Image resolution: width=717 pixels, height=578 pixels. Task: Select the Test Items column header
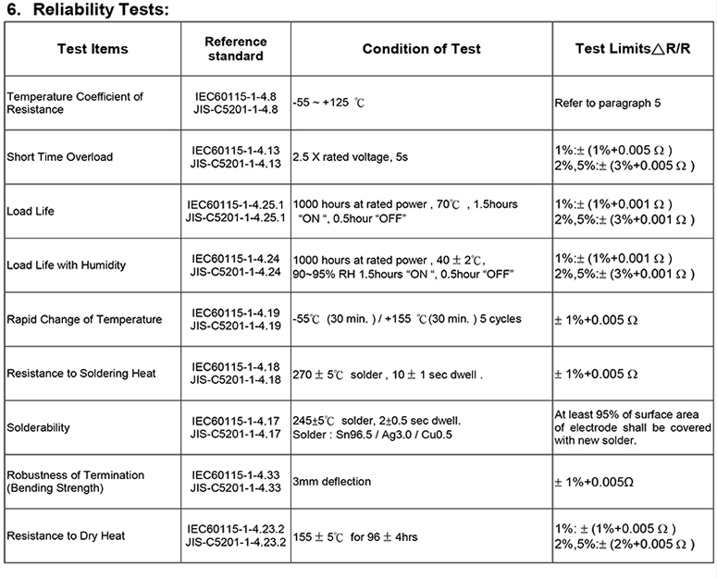pyautogui.click(x=93, y=49)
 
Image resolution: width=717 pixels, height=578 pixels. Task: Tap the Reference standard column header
pyautogui.click(x=235, y=49)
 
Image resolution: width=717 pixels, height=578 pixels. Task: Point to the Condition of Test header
pyautogui.click(x=421, y=49)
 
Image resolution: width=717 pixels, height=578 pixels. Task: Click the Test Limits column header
pyautogui.click(x=633, y=49)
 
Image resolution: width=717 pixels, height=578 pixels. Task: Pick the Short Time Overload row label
pyautogui.click(x=59, y=157)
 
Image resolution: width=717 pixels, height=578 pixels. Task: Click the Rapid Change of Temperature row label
pyautogui.click(x=84, y=320)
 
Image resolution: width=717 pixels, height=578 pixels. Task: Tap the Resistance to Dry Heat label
pyautogui.click(x=66, y=536)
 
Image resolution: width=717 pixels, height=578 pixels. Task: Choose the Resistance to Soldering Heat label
pyautogui.click(x=80, y=374)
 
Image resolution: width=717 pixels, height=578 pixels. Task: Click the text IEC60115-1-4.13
pyautogui.click(x=235, y=150)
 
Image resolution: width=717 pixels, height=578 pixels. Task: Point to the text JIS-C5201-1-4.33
pyautogui.click(x=235, y=488)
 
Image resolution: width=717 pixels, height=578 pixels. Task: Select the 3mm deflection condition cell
pyautogui.click(x=333, y=482)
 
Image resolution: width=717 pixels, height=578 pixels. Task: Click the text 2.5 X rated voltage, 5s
pyautogui.click(x=351, y=157)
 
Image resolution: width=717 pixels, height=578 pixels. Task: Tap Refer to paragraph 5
pyautogui.click(x=608, y=104)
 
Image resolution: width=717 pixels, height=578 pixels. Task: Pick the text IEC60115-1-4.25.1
pyautogui.click(x=235, y=204)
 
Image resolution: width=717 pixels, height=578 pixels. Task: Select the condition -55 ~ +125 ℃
pyautogui.click(x=329, y=104)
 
